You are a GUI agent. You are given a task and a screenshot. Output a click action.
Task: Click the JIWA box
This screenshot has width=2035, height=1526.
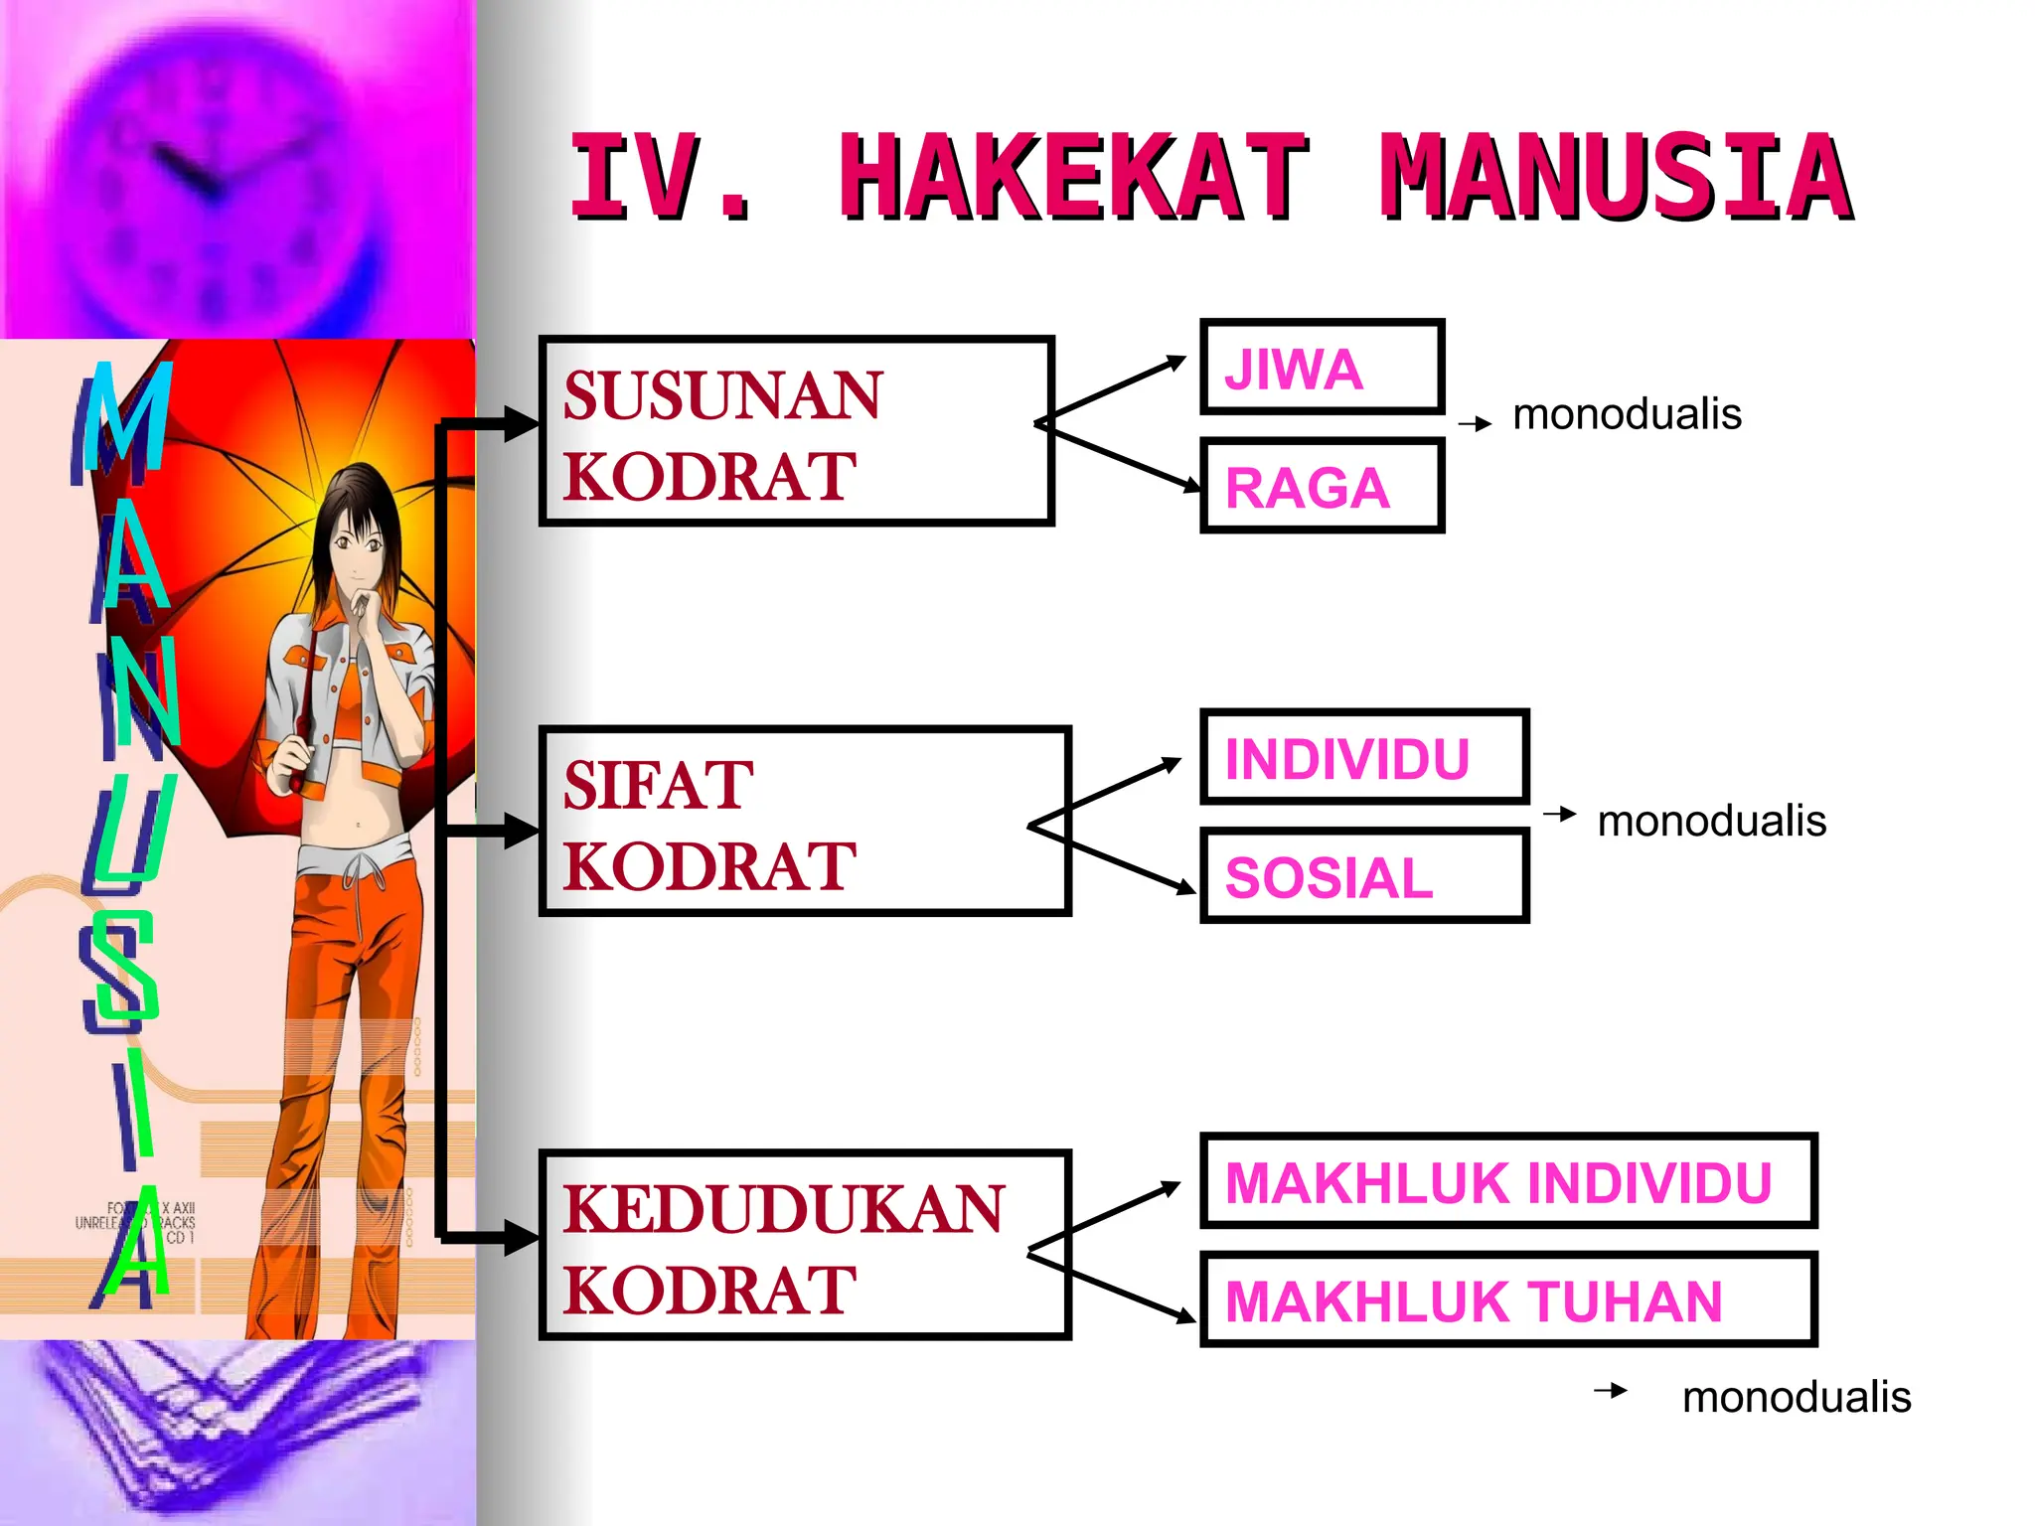click(1322, 367)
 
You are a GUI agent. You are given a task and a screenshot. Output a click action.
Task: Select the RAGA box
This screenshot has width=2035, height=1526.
click(1322, 486)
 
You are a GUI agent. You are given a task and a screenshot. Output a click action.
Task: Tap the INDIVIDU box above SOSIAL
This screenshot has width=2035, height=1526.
click(1363, 757)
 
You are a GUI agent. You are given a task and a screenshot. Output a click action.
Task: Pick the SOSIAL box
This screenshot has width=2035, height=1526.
click(1363, 876)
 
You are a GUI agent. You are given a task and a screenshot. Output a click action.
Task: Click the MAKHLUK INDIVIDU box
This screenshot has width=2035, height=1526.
click(1507, 1181)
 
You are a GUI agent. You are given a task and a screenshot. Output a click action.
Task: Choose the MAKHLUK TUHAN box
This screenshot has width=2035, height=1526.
click(1507, 1299)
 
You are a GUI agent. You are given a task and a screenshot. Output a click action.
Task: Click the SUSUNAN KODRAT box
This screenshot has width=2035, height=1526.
click(796, 431)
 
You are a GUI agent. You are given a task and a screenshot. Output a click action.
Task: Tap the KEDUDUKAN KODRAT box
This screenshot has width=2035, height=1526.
click(804, 1245)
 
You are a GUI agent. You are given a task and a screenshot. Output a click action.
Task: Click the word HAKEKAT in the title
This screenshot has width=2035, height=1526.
click(1073, 179)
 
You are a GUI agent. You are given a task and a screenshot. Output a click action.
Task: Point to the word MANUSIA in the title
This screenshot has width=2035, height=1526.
click(1616, 179)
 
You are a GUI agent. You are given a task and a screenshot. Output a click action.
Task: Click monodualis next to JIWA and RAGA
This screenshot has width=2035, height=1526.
click(1627, 414)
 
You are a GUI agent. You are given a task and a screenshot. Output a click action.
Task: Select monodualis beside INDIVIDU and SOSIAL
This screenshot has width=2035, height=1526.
click(1711, 822)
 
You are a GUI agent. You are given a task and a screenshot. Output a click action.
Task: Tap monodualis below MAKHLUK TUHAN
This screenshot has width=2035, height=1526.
click(1797, 1397)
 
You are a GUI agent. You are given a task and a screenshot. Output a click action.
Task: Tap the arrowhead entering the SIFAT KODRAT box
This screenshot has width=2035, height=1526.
click(521, 830)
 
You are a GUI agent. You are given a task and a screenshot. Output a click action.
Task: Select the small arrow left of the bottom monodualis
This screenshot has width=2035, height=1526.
click(1611, 1391)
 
